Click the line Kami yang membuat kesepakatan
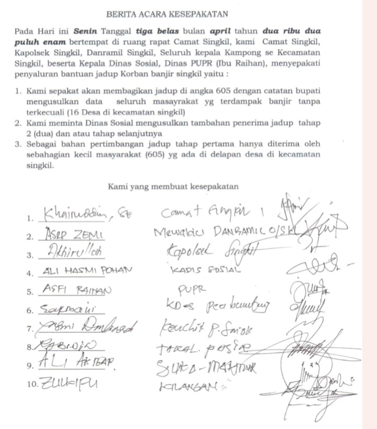pyautogui.click(x=173, y=185)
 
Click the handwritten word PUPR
pyautogui.click(x=191, y=288)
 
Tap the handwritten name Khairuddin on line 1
pyautogui.click(x=80, y=214)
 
